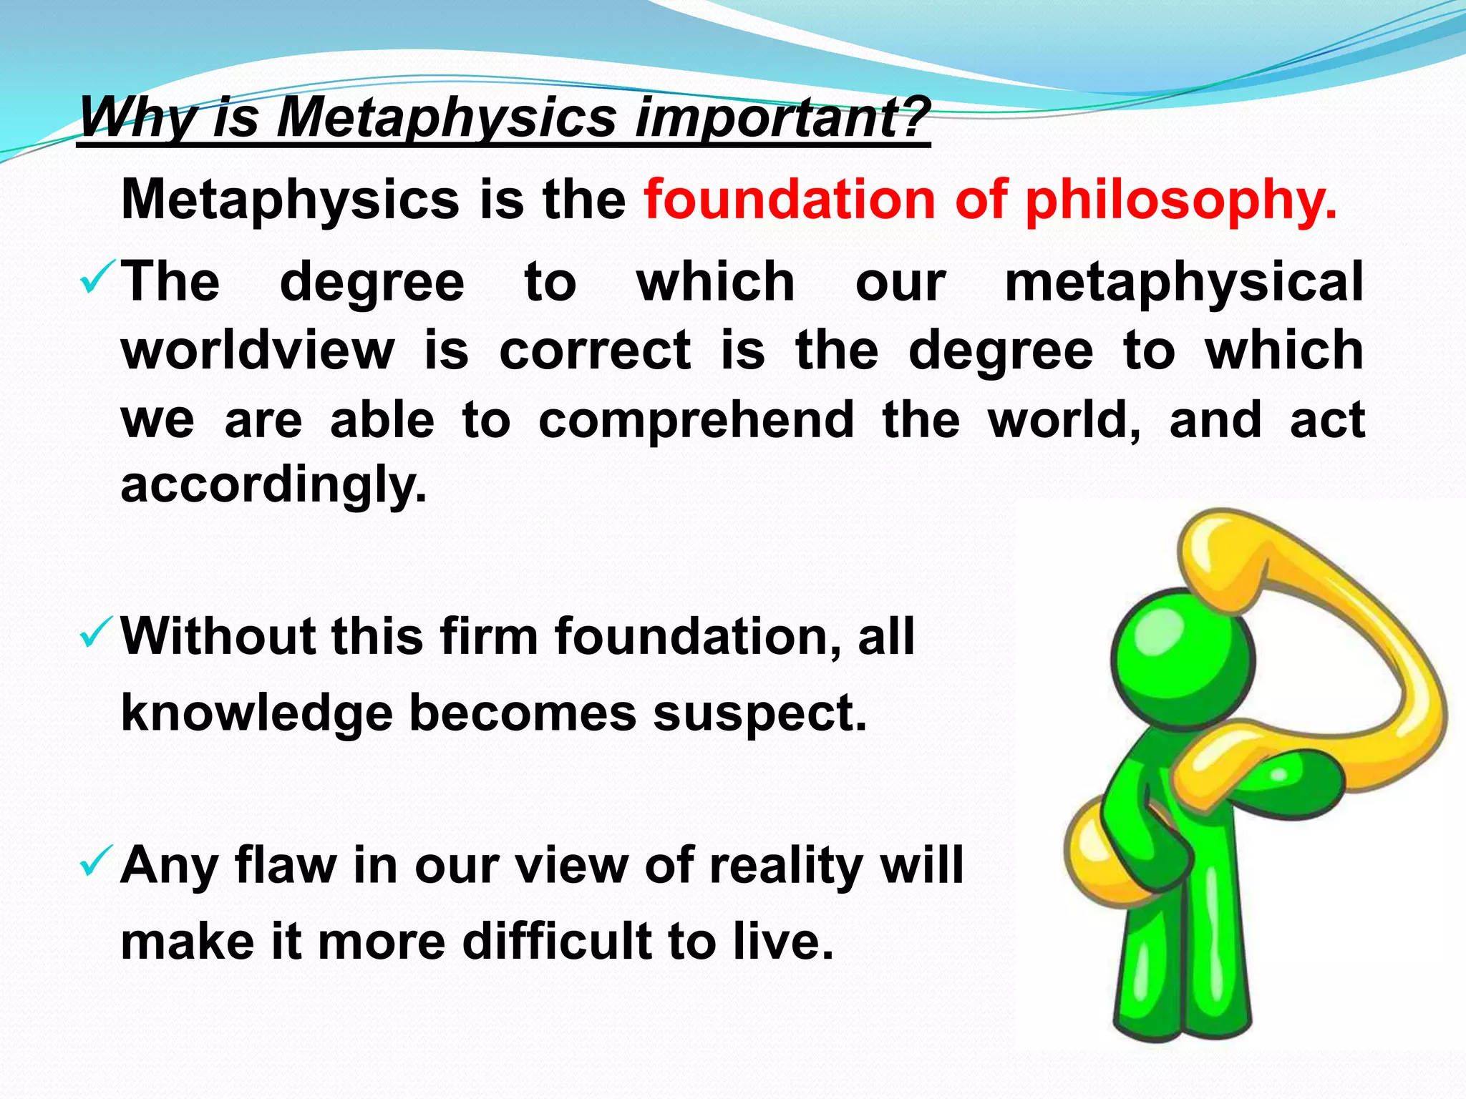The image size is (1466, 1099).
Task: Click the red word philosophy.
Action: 1180,200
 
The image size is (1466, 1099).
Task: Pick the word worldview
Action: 258,351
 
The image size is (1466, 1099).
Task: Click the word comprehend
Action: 696,420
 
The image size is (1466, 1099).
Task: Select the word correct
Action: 595,351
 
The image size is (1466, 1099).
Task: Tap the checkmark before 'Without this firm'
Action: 97,632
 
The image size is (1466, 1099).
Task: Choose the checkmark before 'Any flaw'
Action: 97,861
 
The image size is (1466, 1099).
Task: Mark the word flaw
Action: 286,866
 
